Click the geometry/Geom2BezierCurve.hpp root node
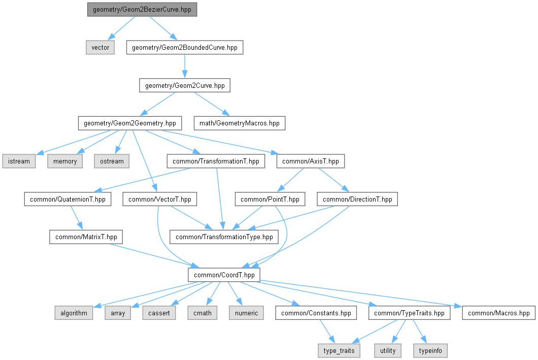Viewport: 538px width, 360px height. [x=142, y=10]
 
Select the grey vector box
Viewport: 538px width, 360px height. [x=100, y=47]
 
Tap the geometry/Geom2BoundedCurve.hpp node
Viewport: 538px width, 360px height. [x=185, y=47]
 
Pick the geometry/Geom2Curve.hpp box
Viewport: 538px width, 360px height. [x=185, y=85]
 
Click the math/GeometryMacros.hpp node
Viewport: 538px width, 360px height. [x=240, y=123]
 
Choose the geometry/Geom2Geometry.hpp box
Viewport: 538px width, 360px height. [x=130, y=123]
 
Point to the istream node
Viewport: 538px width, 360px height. [x=19, y=161]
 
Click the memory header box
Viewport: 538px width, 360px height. [x=65, y=161]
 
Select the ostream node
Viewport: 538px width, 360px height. [x=112, y=161]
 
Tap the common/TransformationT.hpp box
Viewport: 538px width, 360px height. [x=216, y=161]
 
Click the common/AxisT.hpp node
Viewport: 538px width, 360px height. [x=311, y=161]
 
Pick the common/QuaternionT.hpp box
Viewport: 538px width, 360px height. [x=68, y=199]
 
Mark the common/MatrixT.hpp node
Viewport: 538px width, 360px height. [x=86, y=237]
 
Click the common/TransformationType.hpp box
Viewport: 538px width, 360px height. [x=224, y=237]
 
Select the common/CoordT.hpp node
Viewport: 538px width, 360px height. [x=224, y=275]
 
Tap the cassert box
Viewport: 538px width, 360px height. [x=159, y=313]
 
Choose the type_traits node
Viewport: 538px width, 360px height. [x=339, y=351]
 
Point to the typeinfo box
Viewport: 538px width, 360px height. [x=430, y=351]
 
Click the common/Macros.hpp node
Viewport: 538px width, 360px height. [x=498, y=313]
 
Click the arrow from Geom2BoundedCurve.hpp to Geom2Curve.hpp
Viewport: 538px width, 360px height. [x=185, y=66]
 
